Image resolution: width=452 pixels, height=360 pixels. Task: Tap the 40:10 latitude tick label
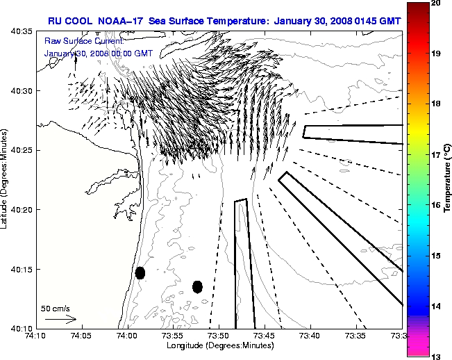(22, 328)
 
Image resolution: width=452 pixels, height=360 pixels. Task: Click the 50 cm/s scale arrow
(60, 319)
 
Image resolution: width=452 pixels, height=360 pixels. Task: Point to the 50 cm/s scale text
(56, 308)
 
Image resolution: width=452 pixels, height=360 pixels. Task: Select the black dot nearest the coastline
(140, 272)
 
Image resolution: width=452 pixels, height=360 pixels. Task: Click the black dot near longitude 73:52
(197, 286)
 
